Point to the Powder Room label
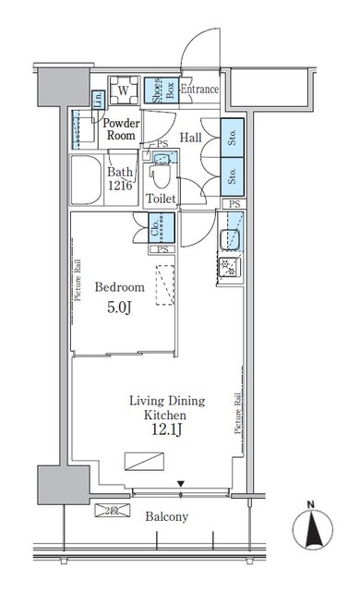pyautogui.click(x=121, y=129)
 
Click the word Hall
pyautogui.click(x=191, y=138)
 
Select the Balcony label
pyautogui.click(x=165, y=517)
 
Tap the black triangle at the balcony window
pyautogui.click(x=180, y=484)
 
